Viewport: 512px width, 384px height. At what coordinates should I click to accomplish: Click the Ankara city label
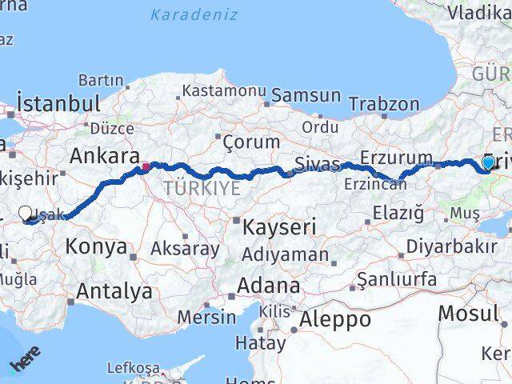[105, 156]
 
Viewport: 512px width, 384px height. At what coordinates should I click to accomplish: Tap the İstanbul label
[58, 104]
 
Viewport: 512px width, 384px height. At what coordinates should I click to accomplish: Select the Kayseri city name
[279, 226]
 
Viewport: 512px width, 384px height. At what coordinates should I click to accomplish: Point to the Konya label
[96, 246]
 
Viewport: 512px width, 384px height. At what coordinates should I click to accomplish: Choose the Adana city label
[268, 286]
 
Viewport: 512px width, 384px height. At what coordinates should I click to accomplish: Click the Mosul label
[469, 313]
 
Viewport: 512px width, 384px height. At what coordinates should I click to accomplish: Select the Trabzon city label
[384, 104]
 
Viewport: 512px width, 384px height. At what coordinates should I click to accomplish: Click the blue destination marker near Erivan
[488, 164]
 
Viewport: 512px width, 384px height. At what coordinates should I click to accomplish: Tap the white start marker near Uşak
[26, 214]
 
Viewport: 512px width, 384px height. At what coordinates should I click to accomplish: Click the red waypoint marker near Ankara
[146, 167]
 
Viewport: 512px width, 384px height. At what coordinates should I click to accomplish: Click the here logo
[26, 361]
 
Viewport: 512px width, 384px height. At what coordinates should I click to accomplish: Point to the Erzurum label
[396, 157]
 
